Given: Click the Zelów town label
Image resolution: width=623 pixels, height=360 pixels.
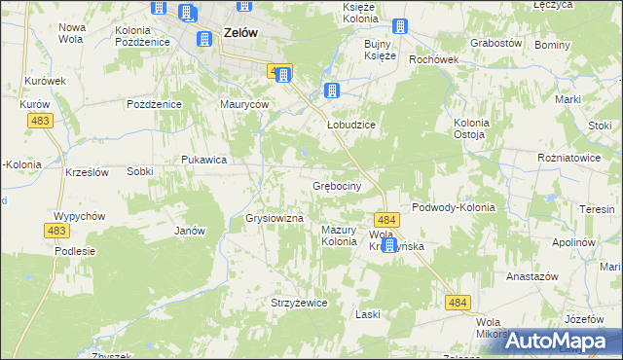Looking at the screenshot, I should click(x=240, y=32).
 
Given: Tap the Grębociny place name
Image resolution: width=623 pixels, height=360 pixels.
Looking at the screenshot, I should click(x=338, y=185).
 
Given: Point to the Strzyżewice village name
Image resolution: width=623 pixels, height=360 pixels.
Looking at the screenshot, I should click(x=299, y=303).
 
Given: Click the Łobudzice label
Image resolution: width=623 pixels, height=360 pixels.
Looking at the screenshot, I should click(x=350, y=112).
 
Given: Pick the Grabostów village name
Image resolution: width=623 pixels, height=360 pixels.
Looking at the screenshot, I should click(x=496, y=44).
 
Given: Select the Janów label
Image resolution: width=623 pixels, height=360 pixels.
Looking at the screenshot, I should click(x=189, y=231).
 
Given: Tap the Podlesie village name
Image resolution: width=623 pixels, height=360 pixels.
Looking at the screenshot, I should click(x=75, y=250).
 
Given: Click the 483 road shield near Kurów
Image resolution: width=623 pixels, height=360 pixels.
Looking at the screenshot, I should click(x=41, y=120).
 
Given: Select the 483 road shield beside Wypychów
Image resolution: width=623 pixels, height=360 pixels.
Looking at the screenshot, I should click(x=55, y=231).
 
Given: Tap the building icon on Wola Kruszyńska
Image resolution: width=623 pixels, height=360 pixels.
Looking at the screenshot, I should click(x=389, y=245).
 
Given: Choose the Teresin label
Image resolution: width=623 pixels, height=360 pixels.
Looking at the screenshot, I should click(x=597, y=209).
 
